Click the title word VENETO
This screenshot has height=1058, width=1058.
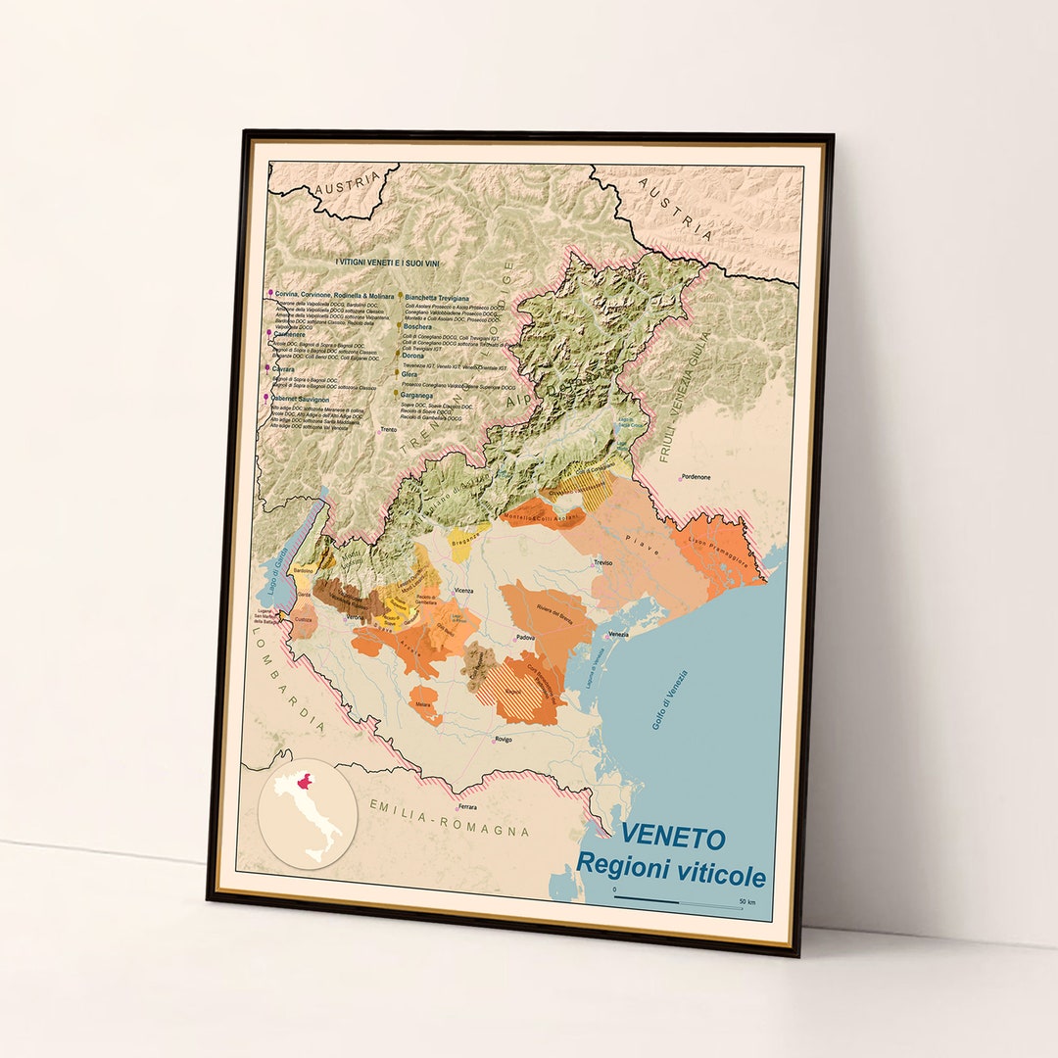click(673, 838)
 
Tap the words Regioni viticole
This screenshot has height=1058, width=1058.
click(670, 868)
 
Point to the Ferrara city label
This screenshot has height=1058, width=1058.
click(466, 806)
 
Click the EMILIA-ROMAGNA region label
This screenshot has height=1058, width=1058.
click(450, 817)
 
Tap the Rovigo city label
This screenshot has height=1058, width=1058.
click(504, 739)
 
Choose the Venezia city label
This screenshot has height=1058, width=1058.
click(618, 634)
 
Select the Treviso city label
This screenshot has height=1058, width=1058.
click(602, 562)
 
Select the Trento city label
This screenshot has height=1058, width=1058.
click(389, 429)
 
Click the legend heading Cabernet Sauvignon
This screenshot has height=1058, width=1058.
click(308, 399)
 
